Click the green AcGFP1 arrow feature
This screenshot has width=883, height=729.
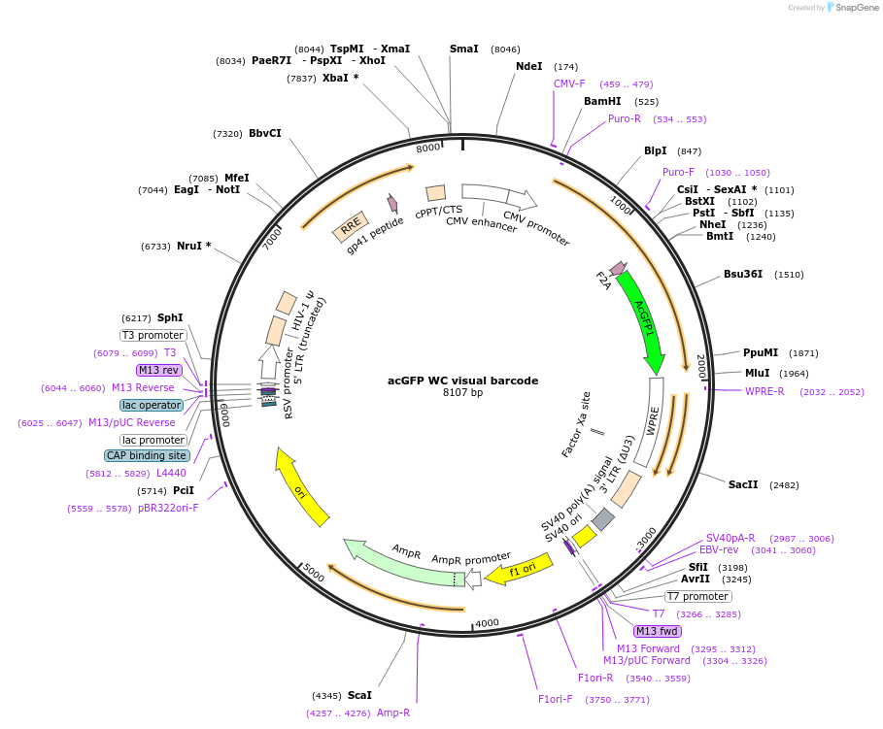(x=643, y=321)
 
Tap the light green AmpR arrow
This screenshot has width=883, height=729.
(x=398, y=562)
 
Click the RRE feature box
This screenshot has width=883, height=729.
(x=350, y=227)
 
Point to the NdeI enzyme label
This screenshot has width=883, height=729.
(x=529, y=66)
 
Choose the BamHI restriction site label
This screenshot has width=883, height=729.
(x=602, y=101)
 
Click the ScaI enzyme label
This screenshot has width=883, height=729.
(x=359, y=695)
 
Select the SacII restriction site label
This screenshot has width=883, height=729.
(x=743, y=484)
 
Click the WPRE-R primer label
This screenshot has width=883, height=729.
(x=764, y=391)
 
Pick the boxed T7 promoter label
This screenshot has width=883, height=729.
(x=697, y=596)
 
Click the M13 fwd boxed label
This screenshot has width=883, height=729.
(x=657, y=631)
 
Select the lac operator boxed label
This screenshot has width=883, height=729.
(x=152, y=405)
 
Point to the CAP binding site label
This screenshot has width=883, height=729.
(x=147, y=455)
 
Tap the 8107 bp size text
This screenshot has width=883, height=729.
(x=462, y=393)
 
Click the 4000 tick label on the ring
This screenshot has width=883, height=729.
(x=487, y=623)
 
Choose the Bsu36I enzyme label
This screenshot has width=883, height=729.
(x=744, y=274)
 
